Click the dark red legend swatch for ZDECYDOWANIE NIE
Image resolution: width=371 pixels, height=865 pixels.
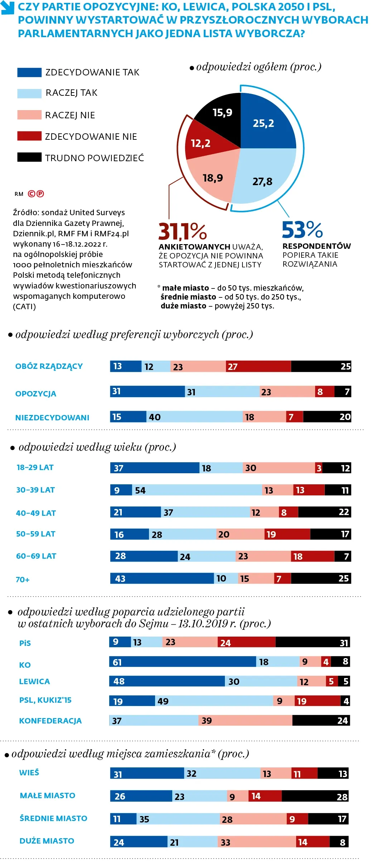[x=29, y=136]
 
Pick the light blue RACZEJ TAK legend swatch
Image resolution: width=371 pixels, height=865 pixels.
[x=29, y=93]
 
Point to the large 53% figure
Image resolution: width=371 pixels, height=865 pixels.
[x=302, y=229]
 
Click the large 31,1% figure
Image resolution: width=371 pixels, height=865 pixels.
[x=183, y=231]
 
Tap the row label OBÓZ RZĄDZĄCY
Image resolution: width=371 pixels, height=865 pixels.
[x=49, y=366]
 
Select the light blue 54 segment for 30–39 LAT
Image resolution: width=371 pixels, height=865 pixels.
[x=197, y=490]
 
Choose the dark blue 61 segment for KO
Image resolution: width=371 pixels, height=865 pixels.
[x=183, y=662]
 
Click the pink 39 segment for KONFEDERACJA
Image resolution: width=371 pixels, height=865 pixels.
[x=245, y=720]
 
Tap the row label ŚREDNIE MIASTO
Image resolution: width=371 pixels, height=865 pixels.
[x=53, y=818]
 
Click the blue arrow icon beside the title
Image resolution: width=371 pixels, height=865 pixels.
[x=8, y=8]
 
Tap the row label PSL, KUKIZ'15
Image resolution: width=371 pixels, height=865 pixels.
[x=45, y=700]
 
